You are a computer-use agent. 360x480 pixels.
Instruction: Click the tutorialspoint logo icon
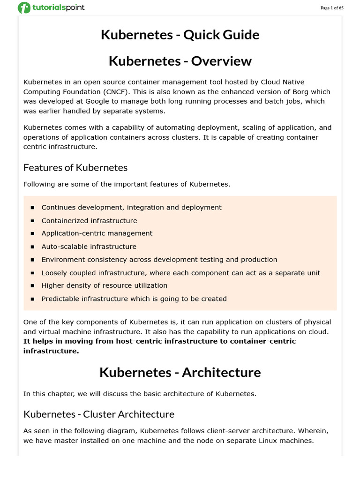point(24,7)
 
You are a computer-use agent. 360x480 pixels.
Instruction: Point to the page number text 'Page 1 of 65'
point(332,8)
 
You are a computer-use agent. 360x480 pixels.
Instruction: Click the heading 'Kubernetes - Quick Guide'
point(180,35)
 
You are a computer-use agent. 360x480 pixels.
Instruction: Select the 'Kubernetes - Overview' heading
point(180,61)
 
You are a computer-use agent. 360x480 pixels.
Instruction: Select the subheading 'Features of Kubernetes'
point(75,167)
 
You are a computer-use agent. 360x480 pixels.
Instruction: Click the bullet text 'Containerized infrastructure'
point(89,220)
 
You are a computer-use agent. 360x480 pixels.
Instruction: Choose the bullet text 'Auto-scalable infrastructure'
point(89,247)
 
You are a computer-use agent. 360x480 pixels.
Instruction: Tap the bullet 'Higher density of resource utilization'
point(104,285)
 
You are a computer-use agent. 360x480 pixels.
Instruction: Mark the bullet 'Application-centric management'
point(97,233)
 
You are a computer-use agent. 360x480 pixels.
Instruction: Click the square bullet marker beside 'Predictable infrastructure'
point(32,299)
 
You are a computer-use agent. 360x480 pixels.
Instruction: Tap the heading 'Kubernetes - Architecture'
point(180,372)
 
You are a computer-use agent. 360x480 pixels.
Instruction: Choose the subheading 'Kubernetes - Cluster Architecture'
point(99,414)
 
